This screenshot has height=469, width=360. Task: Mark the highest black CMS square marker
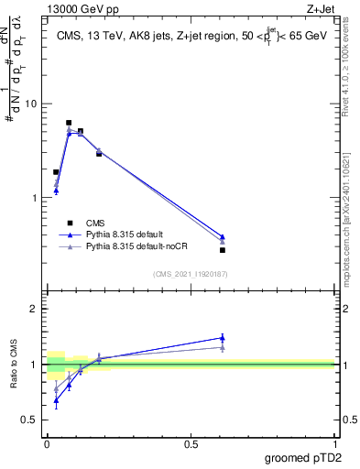point(69,123)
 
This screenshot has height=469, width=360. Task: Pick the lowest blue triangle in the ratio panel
point(56,400)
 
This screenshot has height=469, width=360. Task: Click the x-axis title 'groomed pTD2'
point(302,457)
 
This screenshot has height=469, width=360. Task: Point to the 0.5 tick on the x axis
point(191,442)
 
